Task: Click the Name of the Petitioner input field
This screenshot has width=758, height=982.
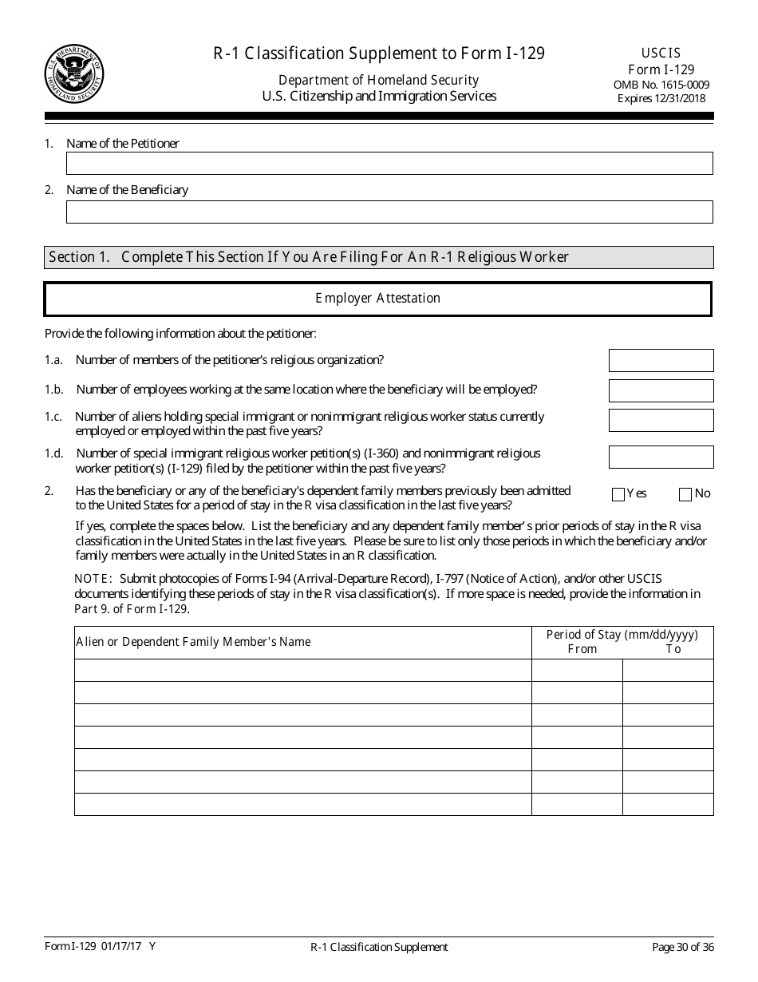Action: click(389, 164)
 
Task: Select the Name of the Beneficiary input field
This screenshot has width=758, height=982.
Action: click(389, 212)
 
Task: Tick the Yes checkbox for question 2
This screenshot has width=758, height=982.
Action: click(618, 494)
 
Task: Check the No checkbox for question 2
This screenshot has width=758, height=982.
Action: click(685, 494)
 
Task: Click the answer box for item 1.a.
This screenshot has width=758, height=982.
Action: click(661, 361)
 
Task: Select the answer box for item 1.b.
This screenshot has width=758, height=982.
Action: click(661, 390)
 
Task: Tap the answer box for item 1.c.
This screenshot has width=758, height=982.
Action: click(661, 421)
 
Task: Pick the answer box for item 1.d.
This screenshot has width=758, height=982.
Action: click(661, 457)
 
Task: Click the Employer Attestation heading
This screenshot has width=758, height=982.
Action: click(377, 299)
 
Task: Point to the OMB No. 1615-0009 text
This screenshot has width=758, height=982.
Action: click(661, 85)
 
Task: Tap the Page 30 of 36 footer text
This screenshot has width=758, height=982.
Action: click(682, 948)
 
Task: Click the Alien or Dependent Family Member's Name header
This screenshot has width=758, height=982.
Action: click(193, 642)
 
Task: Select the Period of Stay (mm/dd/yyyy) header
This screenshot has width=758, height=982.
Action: click(622, 635)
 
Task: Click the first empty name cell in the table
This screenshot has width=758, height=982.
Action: click(302, 670)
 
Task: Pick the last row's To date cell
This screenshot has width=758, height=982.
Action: click(667, 804)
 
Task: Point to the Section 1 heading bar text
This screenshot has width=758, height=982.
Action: click(308, 257)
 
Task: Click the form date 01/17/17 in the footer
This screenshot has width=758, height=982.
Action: click(122, 947)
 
